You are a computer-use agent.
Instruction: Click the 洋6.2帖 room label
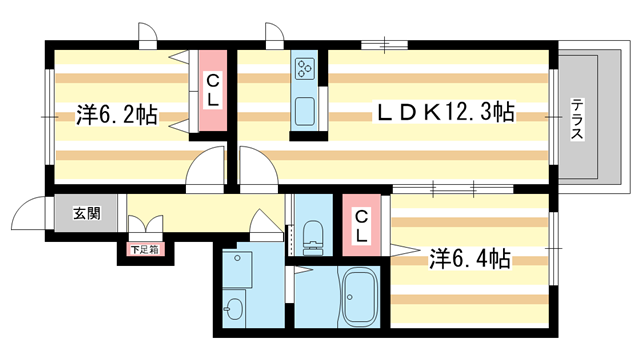[116, 115]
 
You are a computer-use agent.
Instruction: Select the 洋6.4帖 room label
[470, 260]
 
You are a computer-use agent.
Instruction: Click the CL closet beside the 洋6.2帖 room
[214, 89]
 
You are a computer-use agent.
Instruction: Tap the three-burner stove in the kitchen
[305, 69]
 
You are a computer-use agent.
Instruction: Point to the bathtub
[358, 298]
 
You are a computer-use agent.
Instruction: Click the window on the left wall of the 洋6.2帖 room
[46, 116]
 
